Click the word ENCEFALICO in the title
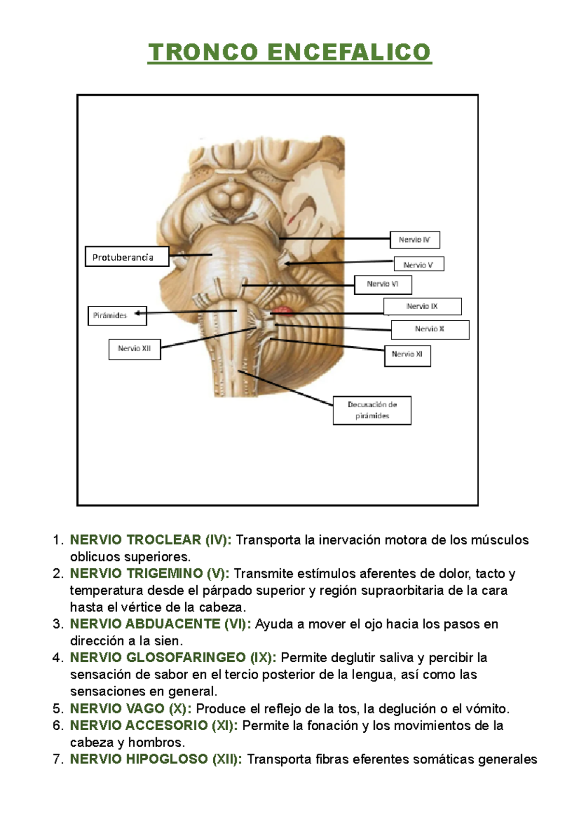[x=349, y=52]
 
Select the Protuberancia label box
[x=127, y=257]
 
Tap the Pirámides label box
[x=117, y=315]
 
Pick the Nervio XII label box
[x=135, y=349]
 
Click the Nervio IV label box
[x=414, y=240]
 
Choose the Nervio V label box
[x=418, y=264]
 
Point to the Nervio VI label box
[x=383, y=285]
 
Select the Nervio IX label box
[x=422, y=306]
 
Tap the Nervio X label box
[x=430, y=329]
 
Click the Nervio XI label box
[x=407, y=355]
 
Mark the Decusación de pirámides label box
[x=372, y=410]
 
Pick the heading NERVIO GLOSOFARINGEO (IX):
[x=173, y=658]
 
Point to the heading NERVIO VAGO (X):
[x=130, y=709]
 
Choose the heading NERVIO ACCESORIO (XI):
[x=153, y=725]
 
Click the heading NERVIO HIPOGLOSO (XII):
[x=156, y=759]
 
